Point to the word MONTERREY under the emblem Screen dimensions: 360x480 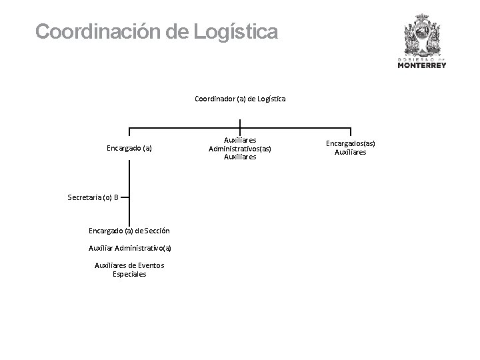point(422,65)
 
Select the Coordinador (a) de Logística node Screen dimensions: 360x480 point(240,99)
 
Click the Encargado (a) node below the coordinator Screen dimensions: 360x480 point(129,148)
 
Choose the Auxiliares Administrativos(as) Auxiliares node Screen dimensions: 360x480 point(240,149)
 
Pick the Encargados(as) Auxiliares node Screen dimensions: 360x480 point(351,148)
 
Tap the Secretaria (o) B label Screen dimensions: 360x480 point(93,197)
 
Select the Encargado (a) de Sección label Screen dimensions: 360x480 point(129,231)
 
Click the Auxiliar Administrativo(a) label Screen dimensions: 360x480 point(129,248)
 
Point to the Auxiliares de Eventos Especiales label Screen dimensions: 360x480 point(129,269)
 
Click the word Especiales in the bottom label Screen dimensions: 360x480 point(129,274)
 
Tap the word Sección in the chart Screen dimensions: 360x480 point(157,231)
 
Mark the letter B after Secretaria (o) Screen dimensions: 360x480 point(116,197)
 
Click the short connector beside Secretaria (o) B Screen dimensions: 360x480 point(125,197)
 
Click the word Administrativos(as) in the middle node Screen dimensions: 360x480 point(240,149)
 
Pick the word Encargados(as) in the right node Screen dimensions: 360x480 point(351,143)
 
